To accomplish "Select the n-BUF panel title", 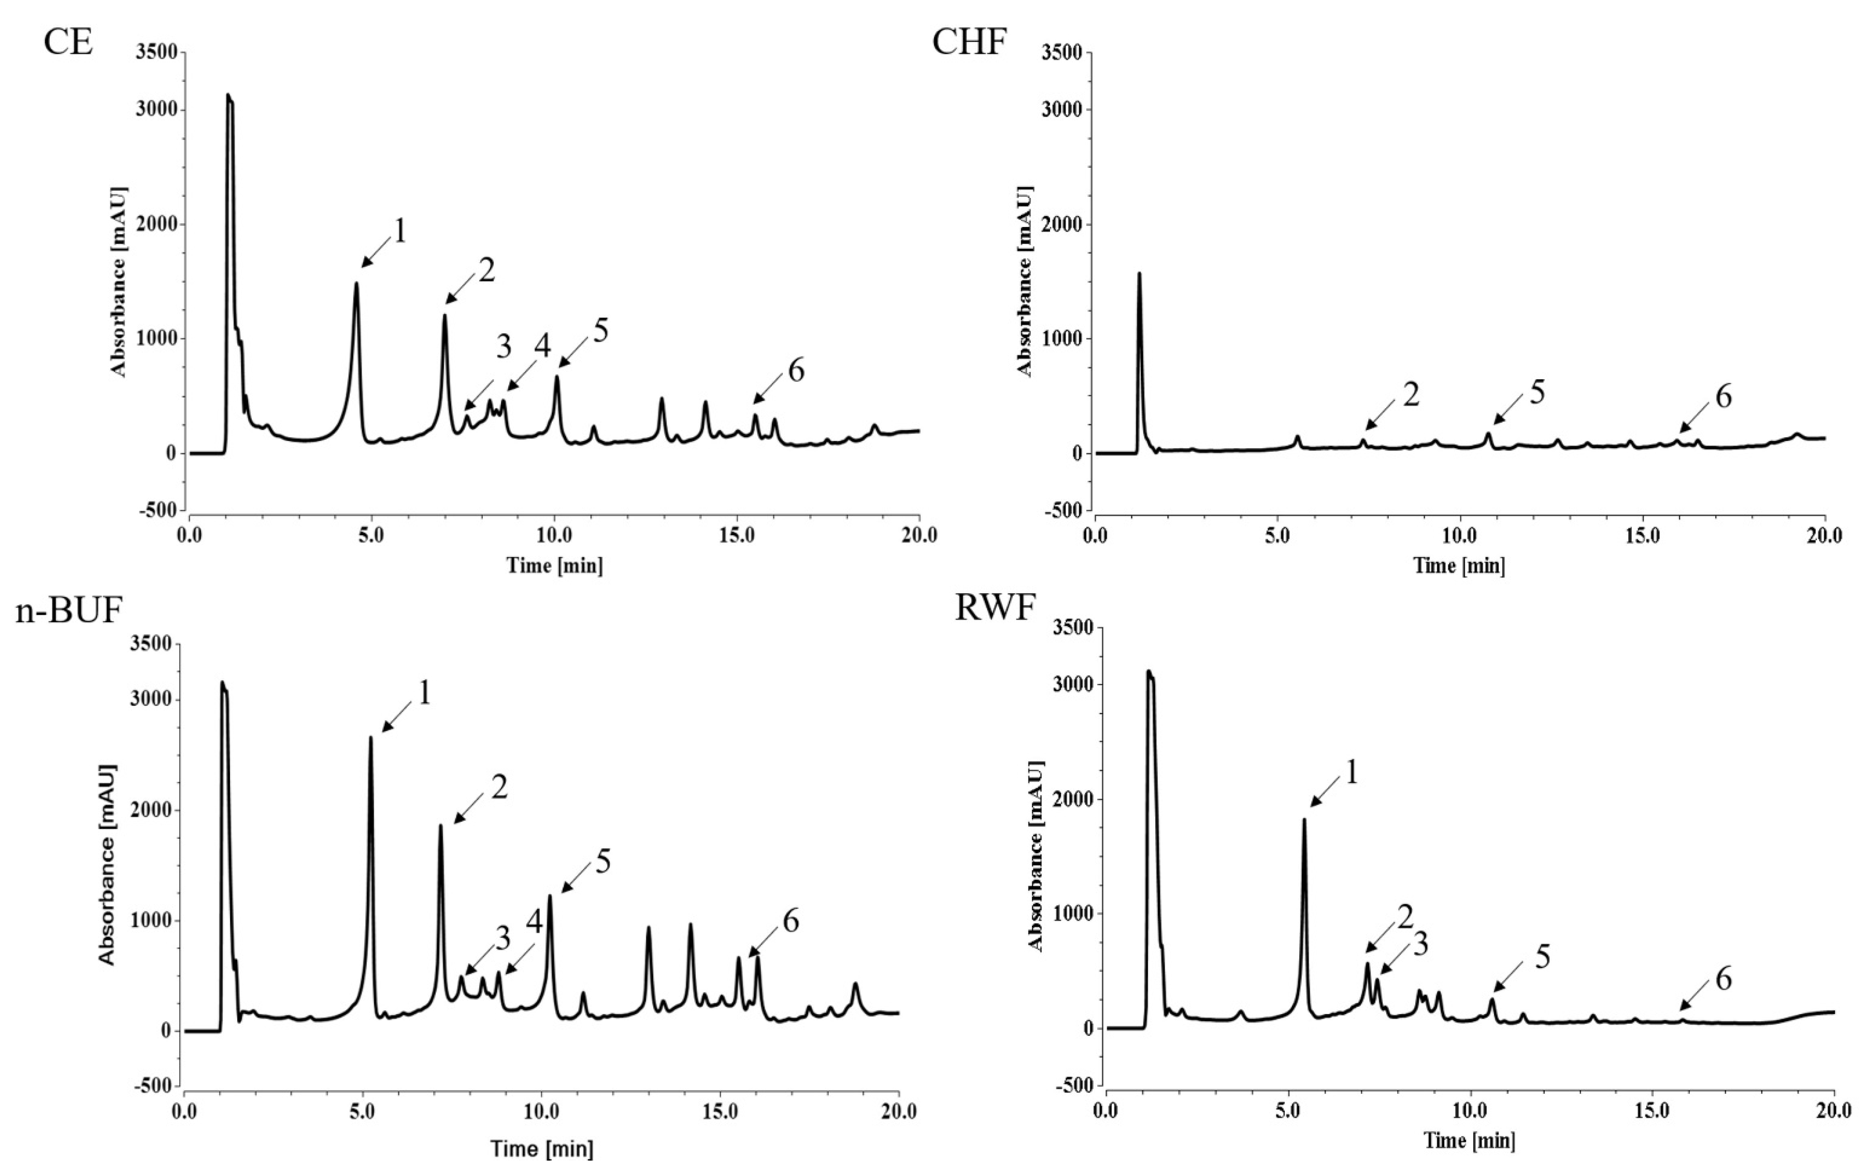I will point(69,611).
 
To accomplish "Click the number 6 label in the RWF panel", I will point(1723,980).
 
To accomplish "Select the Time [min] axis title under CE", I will point(554,565).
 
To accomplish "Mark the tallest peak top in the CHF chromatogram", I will point(1139,274).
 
